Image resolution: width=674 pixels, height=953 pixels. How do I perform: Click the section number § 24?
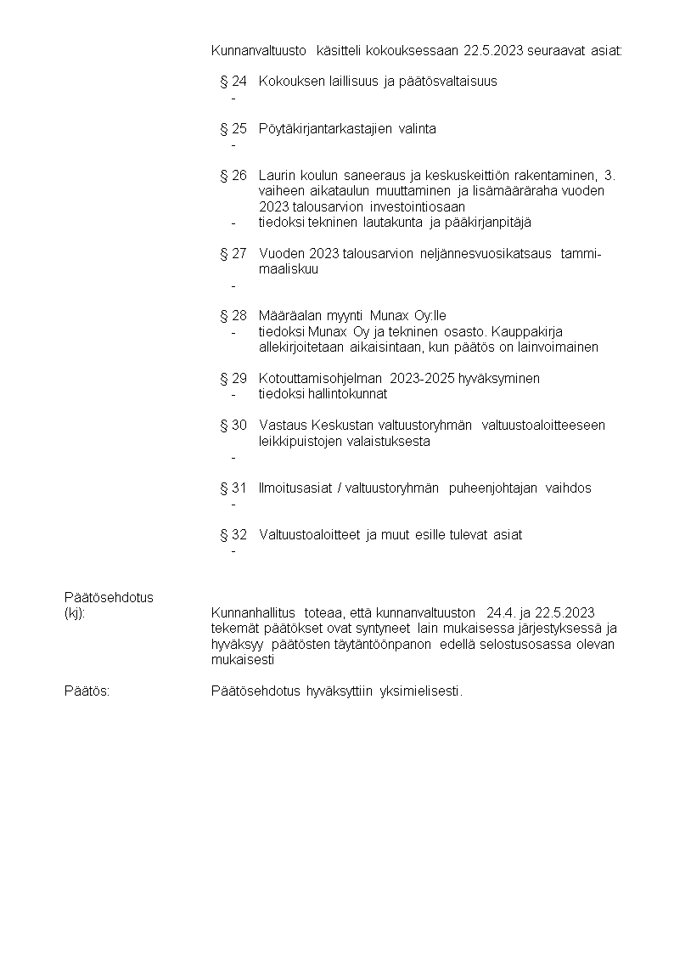(233, 82)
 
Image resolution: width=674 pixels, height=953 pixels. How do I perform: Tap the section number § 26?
(233, 176)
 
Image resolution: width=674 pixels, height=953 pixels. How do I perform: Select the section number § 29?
(233, 378)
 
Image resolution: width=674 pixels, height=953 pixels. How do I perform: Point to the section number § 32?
(233, 535)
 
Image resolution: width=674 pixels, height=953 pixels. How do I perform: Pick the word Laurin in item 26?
(277, 176)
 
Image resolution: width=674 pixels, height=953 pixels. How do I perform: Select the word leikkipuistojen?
(300, 442)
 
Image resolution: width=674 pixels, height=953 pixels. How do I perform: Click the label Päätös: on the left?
(87, 691)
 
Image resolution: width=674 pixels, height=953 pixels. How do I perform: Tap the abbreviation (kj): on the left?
(75, 613)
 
